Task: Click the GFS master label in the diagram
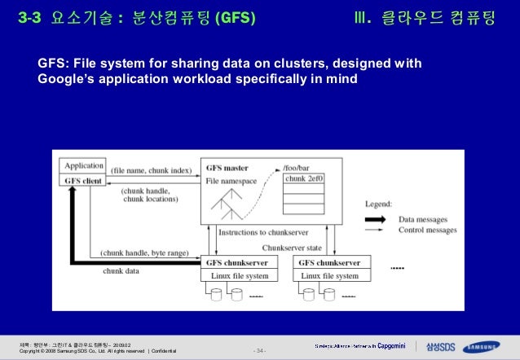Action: coord(227,167)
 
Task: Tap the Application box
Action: coord(84,165)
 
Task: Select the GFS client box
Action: coord(84,179)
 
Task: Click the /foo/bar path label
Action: coord(297,166)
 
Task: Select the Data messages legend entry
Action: coord(427,219)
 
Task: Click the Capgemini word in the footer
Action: coord(390,345)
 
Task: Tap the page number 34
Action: coord(259,351)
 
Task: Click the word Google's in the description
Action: coord(64,79)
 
